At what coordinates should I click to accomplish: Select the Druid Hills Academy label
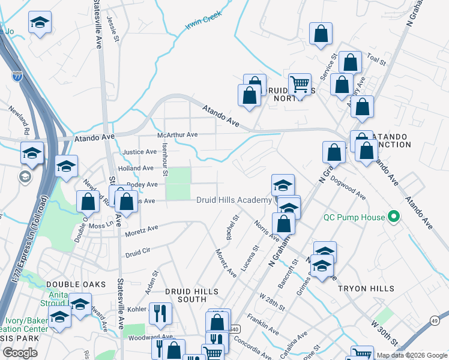click(x=234, y=200)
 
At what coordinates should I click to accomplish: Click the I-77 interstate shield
click(x=17, y=76)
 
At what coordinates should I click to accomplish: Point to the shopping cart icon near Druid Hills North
click(x=299, y=85)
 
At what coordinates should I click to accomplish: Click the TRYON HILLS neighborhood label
click(x=366, y=289)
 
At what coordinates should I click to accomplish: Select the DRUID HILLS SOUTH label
click(x=194, y=295)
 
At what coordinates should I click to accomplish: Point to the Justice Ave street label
click(x=139, y=152)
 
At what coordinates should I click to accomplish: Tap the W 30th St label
click(x=384, y=332)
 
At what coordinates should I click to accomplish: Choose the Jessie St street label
click(x=110, y=26)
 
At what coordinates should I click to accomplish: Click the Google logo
click(x=20, y=353)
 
